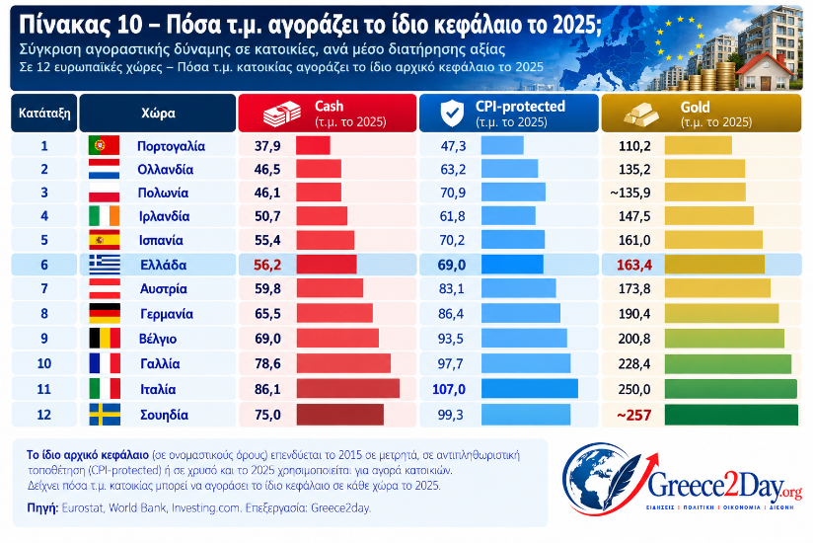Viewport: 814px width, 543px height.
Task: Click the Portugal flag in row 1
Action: tap(104, 145)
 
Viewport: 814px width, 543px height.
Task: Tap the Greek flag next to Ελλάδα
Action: tap(105, 265)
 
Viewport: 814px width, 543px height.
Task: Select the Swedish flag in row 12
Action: tap(105, 415)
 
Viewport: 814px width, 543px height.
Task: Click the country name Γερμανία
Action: tap(167, 314)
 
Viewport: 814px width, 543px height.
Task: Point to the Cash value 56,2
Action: tap(267, 265)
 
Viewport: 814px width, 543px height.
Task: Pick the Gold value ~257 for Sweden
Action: tap(633, 416)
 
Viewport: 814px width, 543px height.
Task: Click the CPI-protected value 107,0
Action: tap(449, 389)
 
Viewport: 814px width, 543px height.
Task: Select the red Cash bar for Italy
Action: tap(348, 389)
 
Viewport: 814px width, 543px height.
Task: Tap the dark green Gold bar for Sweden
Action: tap(731, 416)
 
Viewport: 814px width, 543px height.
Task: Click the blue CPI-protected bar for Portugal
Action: tap(502, 145)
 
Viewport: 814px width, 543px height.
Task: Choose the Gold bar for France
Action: tap(728, 363)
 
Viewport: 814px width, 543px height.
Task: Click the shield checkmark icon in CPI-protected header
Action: tap(452, 113)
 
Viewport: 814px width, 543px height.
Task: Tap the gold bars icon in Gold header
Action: tap(641, 114)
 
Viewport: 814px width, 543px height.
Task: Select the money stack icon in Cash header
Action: tap(282, 114)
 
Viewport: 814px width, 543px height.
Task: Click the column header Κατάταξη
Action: tap(44, 113)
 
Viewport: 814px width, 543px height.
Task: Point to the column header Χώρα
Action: tap(158, 113)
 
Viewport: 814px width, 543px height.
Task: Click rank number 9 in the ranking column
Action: tap(44, 339)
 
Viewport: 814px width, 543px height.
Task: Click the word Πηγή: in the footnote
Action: tap(42, 507)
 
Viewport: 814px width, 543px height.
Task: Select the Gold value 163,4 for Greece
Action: tap(633, 265)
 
